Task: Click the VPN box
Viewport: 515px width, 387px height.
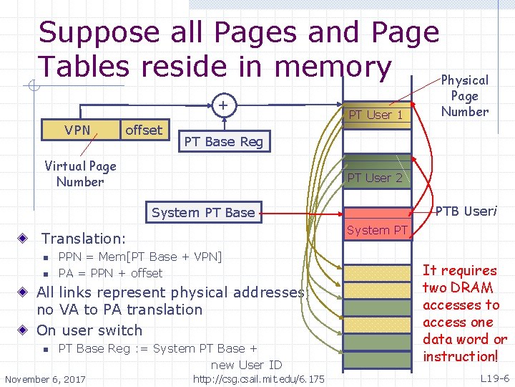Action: tap(77, 130)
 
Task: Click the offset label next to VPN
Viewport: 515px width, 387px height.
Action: tap(144, 130)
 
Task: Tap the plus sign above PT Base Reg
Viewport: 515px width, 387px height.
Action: tap(224, 107)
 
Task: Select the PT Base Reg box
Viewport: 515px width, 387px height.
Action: tap(224, 142)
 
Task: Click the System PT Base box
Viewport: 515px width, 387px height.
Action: tap(203, 212)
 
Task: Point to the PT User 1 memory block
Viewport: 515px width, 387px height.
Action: tap(376, 115)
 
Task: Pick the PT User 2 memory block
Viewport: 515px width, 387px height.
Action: tap(376, 178)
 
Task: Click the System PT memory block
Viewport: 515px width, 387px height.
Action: tap(377, 230)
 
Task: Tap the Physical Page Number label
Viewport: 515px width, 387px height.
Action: tap(465, 95)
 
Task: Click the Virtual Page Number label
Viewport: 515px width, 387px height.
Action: tap(80, 174)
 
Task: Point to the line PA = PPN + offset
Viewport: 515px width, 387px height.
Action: tap(110, 273)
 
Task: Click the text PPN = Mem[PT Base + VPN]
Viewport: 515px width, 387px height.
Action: tap(140, 257)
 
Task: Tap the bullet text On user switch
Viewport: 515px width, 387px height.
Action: tap(89, 330)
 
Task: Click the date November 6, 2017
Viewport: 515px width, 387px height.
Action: tap(45, 378)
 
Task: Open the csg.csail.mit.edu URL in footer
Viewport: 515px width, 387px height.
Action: tap(259, 378)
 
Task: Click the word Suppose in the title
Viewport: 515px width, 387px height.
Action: tap(99, 32)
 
